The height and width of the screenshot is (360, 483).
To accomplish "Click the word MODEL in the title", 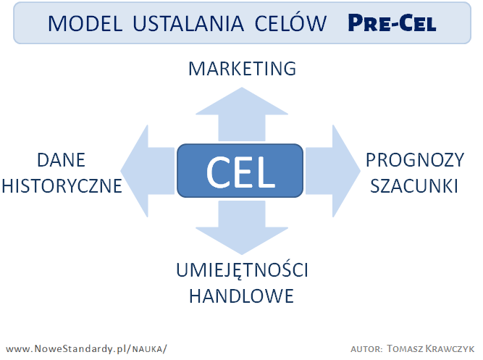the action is [85, 23].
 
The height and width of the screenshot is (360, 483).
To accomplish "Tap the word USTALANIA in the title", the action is [188, 23].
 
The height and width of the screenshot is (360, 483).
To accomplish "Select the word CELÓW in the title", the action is [290, 22].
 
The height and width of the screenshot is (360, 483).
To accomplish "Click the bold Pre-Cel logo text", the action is [392, 22].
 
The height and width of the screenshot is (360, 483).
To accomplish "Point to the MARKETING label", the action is [242, 68].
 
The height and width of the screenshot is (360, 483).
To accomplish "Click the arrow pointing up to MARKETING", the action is [242, 114].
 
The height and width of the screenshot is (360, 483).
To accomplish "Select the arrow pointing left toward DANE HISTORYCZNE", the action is [148, 171].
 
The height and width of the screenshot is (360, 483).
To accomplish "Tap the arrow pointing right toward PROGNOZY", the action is [332, 171].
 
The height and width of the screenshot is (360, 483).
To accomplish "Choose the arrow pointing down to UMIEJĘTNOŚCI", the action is [242, 227].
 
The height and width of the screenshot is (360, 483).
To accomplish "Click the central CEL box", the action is [240, 170].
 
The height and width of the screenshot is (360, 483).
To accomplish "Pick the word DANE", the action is [61, 160].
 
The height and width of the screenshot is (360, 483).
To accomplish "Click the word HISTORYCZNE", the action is [62, 186].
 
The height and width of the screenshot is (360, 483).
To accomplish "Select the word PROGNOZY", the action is [415, 160].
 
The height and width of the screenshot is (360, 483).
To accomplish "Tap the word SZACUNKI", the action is [414, 186].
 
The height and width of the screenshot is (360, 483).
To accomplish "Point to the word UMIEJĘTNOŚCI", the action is [242, 269].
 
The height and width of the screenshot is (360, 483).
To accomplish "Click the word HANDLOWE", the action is [242, 296].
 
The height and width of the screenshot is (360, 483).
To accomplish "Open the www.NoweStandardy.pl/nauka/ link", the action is [86, 349].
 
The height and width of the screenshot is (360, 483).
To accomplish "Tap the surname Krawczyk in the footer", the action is [450, 348].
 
